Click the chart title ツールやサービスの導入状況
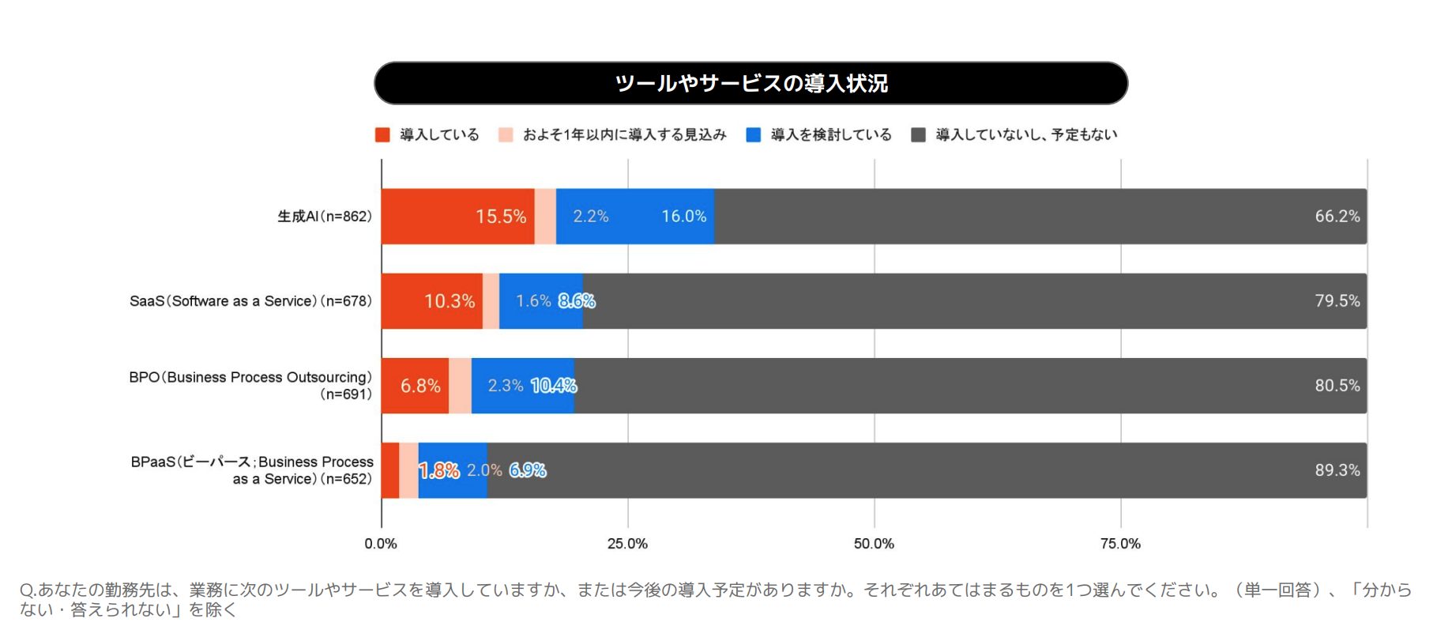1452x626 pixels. point(750,83)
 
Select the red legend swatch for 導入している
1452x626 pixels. point(382,135)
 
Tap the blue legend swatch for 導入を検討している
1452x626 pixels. point(753,135)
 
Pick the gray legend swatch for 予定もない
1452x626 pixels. point(918,135)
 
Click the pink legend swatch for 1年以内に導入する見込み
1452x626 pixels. point(506,135)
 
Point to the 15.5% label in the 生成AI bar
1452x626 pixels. point(500,217)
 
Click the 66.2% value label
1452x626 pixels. point(1337,217)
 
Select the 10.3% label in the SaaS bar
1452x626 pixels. point(450,301)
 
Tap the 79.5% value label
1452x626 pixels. point(1337,301)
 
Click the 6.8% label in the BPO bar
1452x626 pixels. point(420,386)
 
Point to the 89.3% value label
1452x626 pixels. point(1337,470)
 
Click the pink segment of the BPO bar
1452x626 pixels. point(460,386)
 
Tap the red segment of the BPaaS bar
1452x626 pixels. point(389,470)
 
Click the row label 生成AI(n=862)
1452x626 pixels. point(324,217)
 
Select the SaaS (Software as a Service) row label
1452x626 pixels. point(250,301)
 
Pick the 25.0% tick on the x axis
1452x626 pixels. point(627,544)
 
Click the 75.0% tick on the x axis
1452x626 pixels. point(1120,544)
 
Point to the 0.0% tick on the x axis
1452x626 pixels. point(381,544)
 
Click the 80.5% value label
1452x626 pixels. point(1337,386)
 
